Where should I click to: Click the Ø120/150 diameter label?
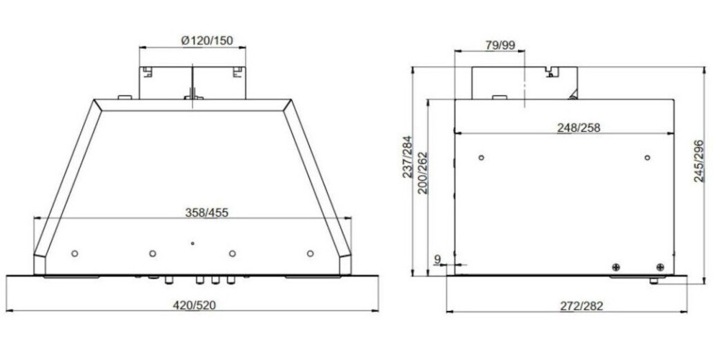click(x=207, y=41)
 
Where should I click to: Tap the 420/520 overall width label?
click(x=193, y=305)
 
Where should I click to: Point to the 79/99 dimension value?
click(x=500, y=45)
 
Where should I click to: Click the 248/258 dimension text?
click(x=579, y=127)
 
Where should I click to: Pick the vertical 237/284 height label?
click(x=409, y=157)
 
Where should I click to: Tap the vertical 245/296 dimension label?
click(x=698, y=161)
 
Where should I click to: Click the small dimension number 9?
click(x=437, y=258)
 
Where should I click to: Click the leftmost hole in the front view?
click(x=75, y=253)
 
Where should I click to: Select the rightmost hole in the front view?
click(x=310, y=253)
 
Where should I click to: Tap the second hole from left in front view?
click(x=152, y=253)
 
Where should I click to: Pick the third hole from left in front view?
click(x=232, y=253)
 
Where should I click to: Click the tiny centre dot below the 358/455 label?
click(x=192, y=243)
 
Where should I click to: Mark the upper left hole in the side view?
click(x=481, y=158)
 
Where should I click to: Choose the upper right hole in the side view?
click(x=647, y=158)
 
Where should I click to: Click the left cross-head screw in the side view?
click(x=615, y=267)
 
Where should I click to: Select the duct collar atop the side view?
click(x=525, y=82)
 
